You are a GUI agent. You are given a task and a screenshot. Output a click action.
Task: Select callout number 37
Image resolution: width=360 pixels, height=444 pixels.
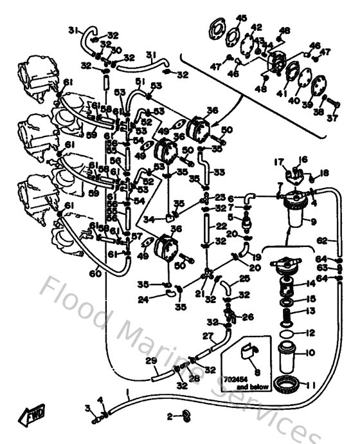(332, 118)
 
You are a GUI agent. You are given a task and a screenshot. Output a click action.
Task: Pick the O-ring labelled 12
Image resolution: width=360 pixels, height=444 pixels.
(288, 334)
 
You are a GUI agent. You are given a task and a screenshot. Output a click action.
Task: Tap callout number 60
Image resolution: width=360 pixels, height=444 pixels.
(95, 274)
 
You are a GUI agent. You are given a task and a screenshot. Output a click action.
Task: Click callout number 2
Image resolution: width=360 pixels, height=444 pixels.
(170, 417)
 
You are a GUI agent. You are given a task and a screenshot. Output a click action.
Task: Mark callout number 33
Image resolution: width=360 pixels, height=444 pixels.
(219, 172)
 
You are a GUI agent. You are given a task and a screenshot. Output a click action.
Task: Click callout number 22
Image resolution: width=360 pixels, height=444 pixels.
(221, 226)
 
